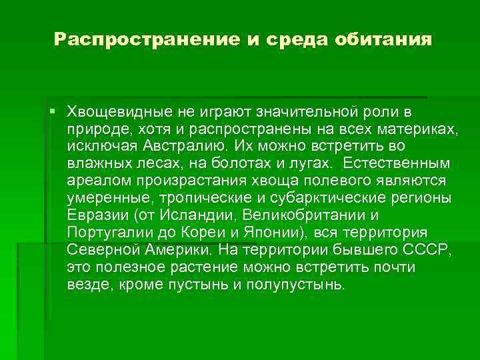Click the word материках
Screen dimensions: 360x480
click(x=417, y=127)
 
